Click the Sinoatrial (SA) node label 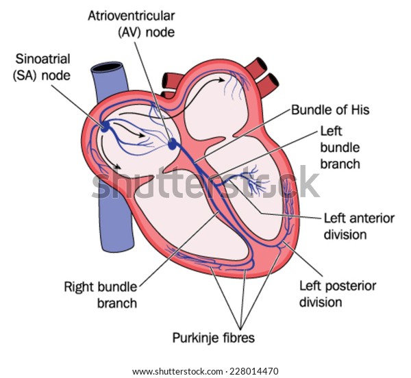[42, 67]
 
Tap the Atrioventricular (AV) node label [132, 24]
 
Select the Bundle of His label [330, 110]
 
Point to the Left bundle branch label [340, 147]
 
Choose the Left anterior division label [359, 227]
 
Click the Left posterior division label [338, 294]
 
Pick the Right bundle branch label [101, 295]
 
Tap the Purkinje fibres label [213, 338]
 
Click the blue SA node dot [105, 127]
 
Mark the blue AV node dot [172, 144]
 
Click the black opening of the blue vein [108, 67]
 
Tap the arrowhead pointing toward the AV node [141, 135]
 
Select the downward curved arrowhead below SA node [117, 166]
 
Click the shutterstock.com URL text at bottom [177, 371]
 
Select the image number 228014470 [253, 371]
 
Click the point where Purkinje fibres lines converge [240, 328]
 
